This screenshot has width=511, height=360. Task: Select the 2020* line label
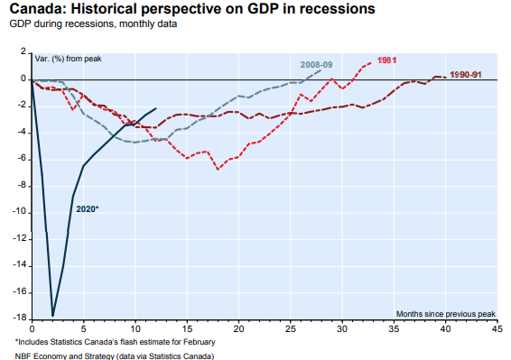click(x=87, y=208)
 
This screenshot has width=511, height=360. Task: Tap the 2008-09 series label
click(x=316, y=64)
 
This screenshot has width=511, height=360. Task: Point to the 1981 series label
click(x=386, y=60)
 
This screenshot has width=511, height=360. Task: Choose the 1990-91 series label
click(x=465, y=75)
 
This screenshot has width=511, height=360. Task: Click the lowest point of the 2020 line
click(x=52, y=316)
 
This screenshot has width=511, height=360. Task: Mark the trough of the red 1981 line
click(x=218, y=170)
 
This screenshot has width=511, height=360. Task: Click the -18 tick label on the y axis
click(x=19, y=318)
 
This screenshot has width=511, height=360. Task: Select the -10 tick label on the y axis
click(x=19, y=212)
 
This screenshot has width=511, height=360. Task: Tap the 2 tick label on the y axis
click(x=23, y=51)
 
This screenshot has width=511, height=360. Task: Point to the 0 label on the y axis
click(x=23, y=78)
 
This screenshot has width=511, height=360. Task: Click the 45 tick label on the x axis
click(x=497, y=328)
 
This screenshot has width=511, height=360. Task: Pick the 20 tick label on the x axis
click(x=238, y=328)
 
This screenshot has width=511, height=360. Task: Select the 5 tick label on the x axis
click(x=83, y=328)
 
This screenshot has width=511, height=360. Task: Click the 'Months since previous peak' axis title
click(x=445, y=314)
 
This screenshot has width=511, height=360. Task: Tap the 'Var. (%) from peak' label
click(x=68, y=59)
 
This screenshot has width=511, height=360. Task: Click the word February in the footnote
click(x=200, y=342)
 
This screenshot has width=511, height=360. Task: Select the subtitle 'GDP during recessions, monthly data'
click(x=93, y=23)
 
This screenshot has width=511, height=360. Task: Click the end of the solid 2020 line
click(x=156, y=108)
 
